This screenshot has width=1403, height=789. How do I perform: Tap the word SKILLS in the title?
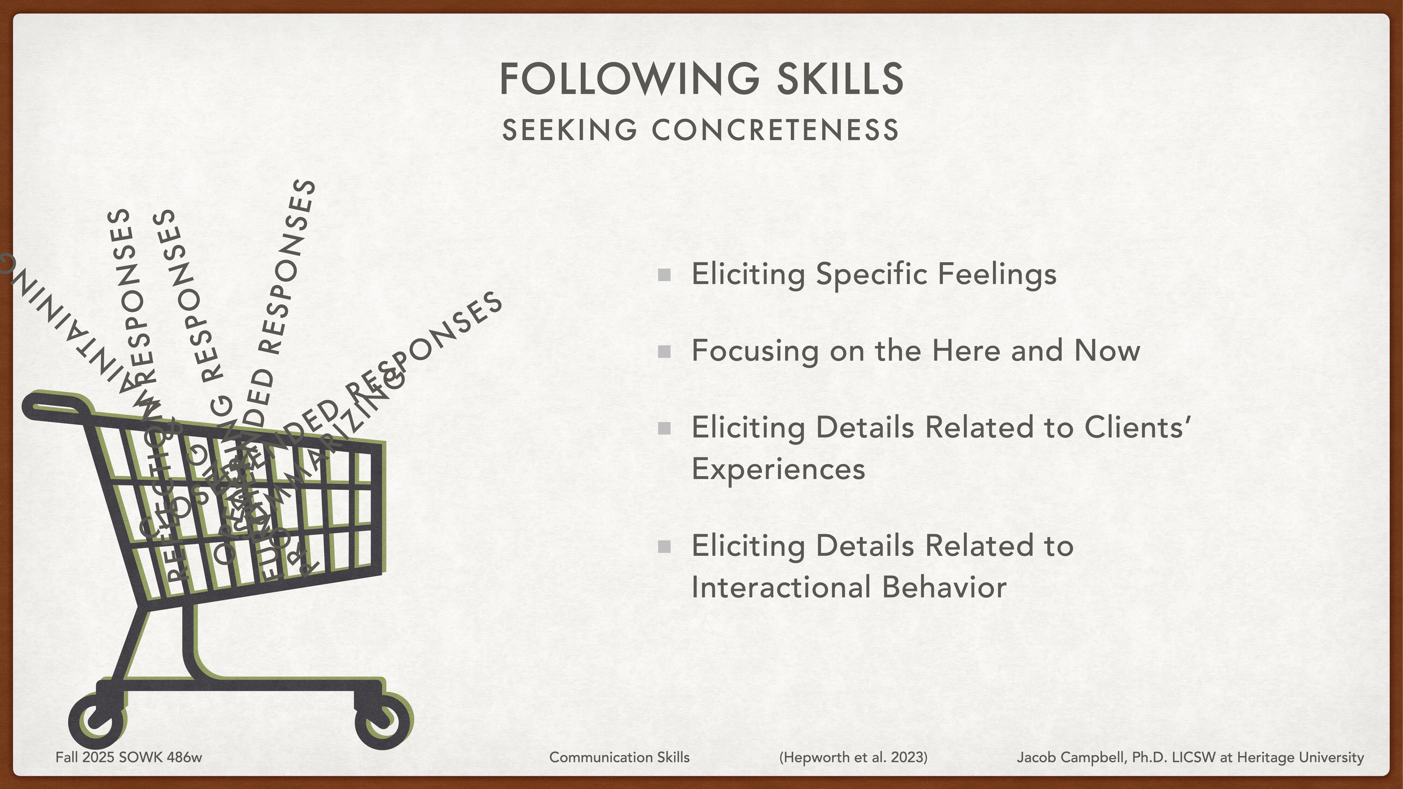coord(840,79)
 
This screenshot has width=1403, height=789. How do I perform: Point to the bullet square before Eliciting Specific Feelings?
coord(664,275)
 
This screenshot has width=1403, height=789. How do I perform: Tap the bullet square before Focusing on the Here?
coord(664,352)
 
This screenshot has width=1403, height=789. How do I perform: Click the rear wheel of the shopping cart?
coord(97,721)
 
